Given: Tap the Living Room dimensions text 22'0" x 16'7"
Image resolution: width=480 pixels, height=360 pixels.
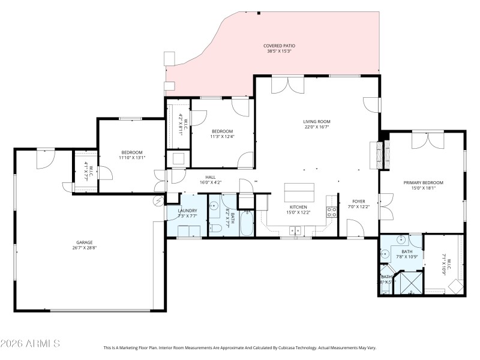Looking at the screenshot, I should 316,127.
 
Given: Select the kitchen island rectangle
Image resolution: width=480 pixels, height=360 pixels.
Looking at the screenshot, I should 299,193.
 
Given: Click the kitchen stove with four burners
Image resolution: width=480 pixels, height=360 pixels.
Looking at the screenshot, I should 331,211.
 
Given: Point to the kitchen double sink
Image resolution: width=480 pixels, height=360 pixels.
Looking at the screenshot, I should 295,229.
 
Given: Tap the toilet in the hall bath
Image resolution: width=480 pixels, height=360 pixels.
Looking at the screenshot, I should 215,227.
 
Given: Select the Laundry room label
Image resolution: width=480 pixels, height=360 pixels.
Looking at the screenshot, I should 187,211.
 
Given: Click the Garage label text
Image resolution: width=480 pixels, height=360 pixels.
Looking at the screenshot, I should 84,242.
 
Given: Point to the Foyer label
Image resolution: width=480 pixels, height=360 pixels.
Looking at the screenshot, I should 359,202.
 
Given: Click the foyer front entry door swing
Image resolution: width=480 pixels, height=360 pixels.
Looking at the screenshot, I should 355,228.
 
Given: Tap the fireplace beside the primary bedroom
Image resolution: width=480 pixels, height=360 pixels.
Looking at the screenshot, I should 378,157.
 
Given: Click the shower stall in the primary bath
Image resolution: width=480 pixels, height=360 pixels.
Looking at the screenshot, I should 410,283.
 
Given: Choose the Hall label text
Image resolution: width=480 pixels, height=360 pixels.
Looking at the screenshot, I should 211,177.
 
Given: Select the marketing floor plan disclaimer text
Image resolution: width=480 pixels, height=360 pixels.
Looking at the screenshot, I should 240,347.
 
